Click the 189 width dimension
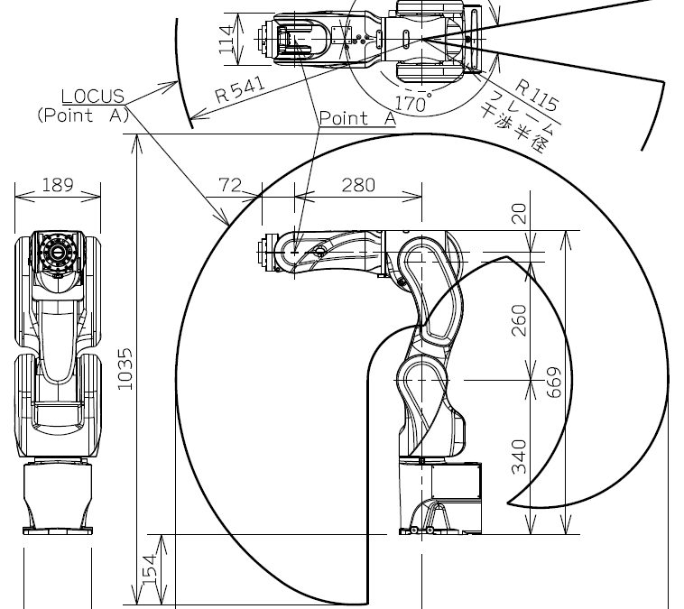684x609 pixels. (58, 185)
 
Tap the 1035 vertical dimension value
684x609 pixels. (125, 369)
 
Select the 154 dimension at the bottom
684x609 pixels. (150, 569)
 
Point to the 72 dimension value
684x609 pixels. (230, 185)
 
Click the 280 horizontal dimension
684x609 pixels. (358, 185)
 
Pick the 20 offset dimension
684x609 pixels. (519, 214)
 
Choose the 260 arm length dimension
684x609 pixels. (519, 320)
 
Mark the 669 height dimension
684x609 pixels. (554, 383)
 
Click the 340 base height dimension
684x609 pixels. (519, 457)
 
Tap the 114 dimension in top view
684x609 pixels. (226, 40)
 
